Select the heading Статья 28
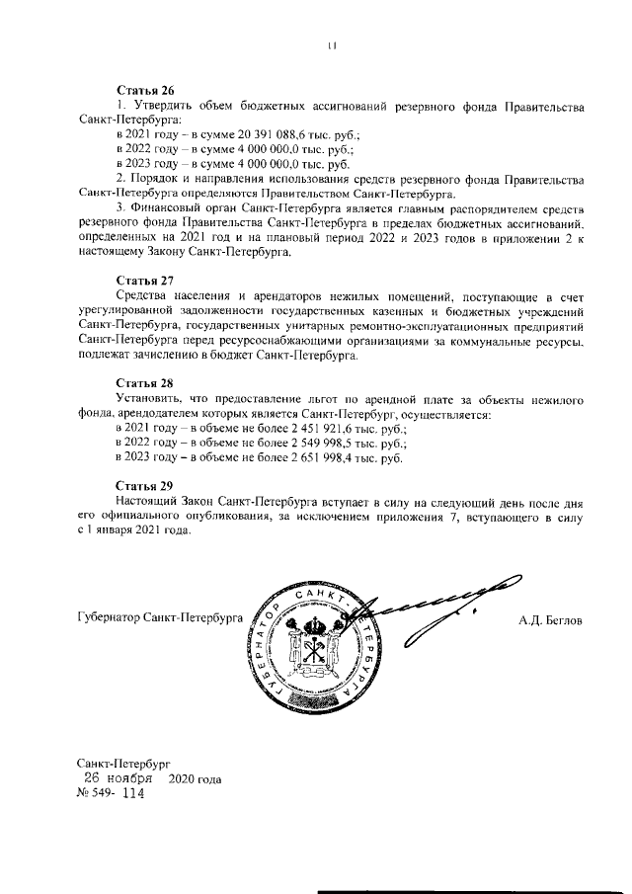point(144,382)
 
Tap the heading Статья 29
point(144,485)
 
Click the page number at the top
point(333,44)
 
